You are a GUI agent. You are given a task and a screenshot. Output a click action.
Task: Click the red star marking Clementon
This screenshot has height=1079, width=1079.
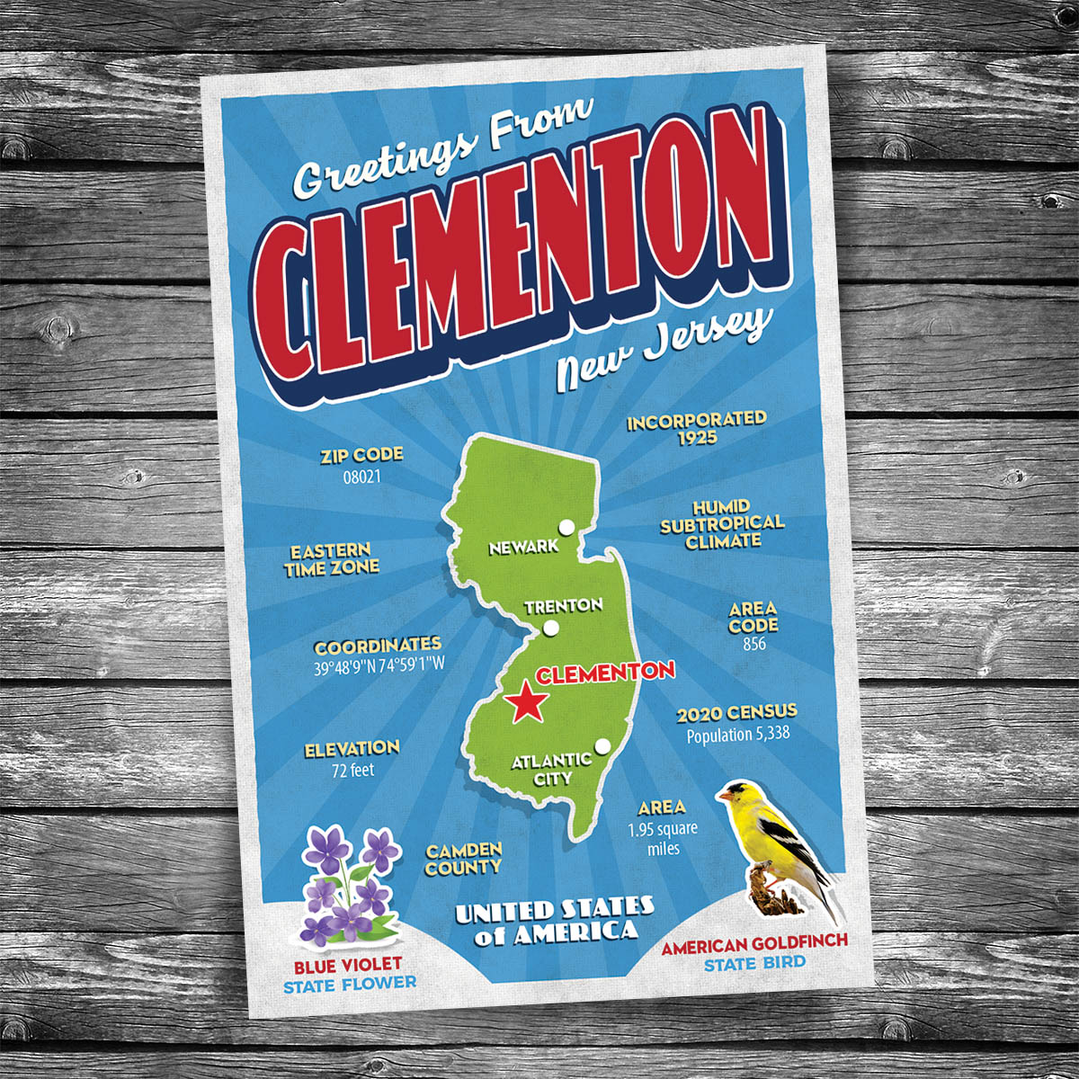[x=527, y=703]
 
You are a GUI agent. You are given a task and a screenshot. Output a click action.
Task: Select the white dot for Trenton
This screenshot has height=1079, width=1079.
[x=551, y=628]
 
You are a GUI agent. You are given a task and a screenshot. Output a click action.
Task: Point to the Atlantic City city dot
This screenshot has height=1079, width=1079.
[x=602, y=745]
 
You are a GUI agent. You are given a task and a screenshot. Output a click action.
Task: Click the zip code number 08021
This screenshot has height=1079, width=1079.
[x=362, y=477]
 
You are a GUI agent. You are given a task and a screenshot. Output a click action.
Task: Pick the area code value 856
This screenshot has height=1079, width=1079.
[x=754, y=644]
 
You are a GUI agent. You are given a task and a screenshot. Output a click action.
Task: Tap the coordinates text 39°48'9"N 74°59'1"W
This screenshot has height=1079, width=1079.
[x=379, y=667]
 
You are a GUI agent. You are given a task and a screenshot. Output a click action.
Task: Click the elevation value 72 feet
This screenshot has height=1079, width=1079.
[x=352, y=770]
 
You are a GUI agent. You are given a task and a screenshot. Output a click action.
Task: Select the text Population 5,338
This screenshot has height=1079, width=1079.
[x=737, y=734]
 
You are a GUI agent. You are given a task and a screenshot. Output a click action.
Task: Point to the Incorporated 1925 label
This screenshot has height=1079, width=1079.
[x=698, y=428]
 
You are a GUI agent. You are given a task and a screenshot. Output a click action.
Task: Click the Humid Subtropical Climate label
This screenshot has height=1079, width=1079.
[x=722, y=524]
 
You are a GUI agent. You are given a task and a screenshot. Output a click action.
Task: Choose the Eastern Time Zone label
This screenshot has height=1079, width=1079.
[x=332, y=559]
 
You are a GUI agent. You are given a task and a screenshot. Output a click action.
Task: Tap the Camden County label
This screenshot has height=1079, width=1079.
[x=464, y=859]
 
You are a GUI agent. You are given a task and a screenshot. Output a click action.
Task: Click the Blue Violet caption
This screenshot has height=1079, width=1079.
[x=348, y=967]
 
